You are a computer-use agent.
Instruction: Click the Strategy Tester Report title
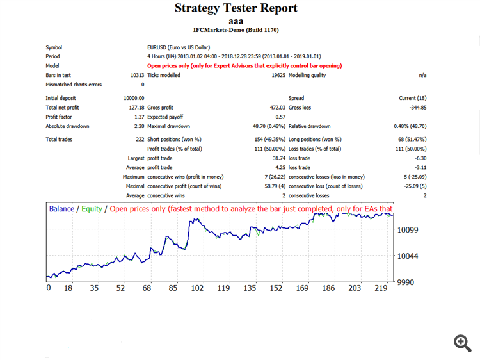[236, 8]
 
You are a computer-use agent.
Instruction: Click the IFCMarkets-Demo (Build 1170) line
[236, 29]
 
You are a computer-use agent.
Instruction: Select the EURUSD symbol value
[178, 47]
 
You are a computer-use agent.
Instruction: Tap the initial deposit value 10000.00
[134, 97]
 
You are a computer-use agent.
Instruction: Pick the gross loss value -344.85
[415, 107]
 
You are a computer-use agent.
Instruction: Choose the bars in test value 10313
[135, 75]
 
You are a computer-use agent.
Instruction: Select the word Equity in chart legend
[92, 209]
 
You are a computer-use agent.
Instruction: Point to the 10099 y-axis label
[408, 229]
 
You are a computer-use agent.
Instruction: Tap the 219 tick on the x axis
[381, 288]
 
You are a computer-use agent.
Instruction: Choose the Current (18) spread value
[412, 97]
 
